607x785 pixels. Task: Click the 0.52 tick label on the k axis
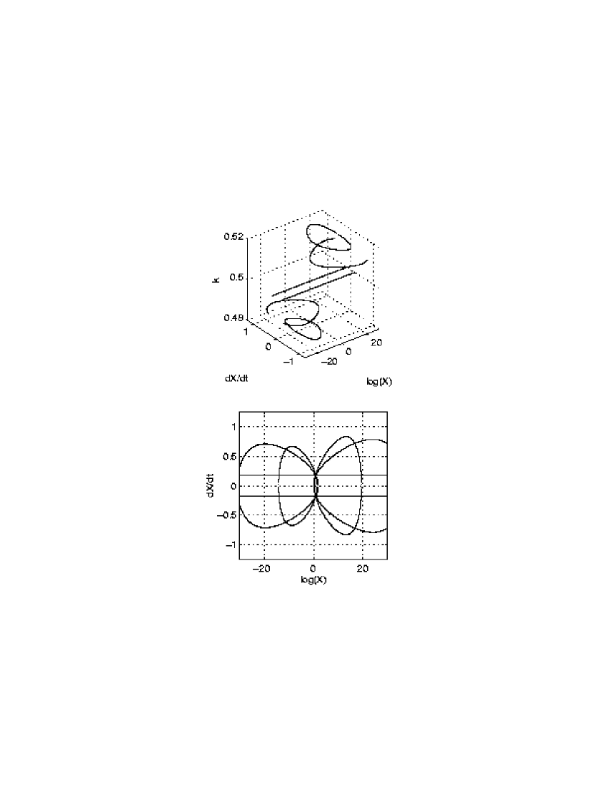click(234, 236)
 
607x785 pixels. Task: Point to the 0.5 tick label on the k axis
click(236, 278)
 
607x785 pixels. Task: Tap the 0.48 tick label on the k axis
click(234, 318)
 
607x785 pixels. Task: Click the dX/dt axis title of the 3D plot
click(236, 378)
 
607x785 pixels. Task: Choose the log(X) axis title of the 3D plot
click(379, 382)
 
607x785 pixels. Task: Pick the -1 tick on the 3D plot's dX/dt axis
click(289, 361)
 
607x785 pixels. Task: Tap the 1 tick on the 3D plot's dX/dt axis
click(246, 331)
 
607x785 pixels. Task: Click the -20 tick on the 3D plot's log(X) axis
click(329, 361)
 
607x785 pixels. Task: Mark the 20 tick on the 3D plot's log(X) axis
click(376, 343)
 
